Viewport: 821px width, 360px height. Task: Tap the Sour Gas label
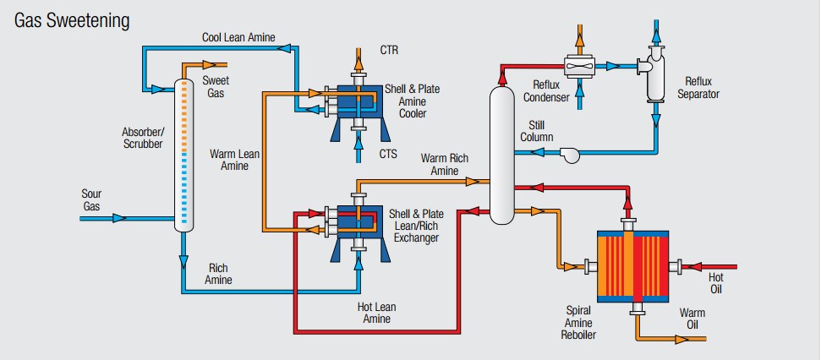click(91, 200)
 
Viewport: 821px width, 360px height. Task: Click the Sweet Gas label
click(215, 87)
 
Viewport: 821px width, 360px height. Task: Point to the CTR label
click(389, 51)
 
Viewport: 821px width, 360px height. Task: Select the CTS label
click(389, 153)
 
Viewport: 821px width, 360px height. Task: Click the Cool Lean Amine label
click(238, 37)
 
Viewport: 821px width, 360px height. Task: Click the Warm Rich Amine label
click(445, 165)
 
